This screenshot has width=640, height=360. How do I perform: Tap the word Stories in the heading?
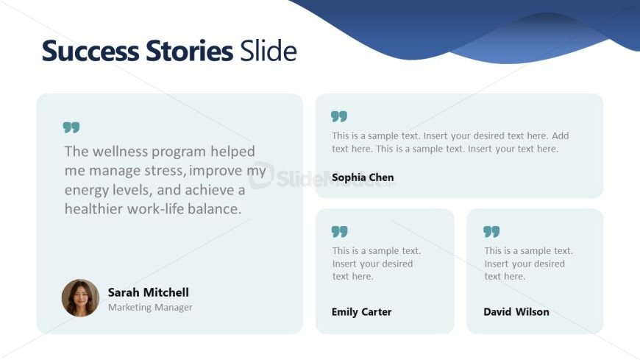(189, 51)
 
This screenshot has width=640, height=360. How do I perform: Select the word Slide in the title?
(269, 50)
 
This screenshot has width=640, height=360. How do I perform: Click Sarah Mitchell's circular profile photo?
(80, 298)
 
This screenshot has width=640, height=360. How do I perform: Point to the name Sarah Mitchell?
(148, 292)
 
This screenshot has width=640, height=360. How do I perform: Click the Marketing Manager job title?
(150, 307)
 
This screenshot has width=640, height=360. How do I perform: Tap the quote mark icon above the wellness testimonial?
(71, 127)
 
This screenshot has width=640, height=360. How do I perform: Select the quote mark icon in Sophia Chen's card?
(339, 116)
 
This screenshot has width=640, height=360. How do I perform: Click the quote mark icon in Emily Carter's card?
(340, 232)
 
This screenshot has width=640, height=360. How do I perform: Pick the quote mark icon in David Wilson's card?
(491, 232)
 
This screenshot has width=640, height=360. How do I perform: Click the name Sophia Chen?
(363, 177)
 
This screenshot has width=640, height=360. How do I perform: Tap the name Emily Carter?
(361, 312)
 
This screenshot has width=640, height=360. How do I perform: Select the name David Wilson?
(516, 312)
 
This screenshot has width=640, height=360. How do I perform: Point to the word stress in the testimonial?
(166, 170)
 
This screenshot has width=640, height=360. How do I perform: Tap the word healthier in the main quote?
(93, 209)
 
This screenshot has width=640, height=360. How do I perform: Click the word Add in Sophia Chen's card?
(561, 135)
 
